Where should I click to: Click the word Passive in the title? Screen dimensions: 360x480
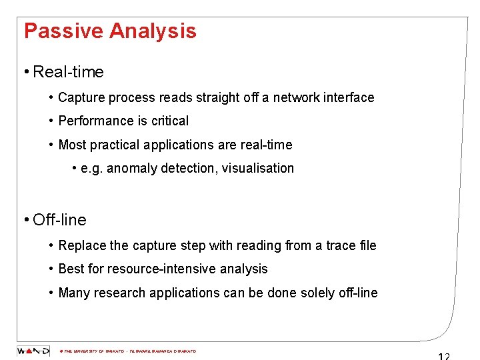pyautogui.click(x=63, y=31)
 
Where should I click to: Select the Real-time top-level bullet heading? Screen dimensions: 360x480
pyautogui.click(x=68, y=71)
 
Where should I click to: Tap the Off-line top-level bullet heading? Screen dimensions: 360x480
pyautogui.click(x=59, y=219)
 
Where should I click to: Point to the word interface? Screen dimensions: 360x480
pyautogui.click(x=349, y=97)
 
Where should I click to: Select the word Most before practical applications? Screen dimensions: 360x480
pyautogui.click(x=72, y=145)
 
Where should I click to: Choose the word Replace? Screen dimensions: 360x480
pyautogui.click(x=82, y=245)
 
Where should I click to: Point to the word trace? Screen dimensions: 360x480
pyautogui.click(x=340, y=245)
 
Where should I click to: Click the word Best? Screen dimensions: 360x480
pyautogui.click(x=71, y=269)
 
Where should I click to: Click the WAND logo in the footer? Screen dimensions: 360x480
pyautogui.click(x=33, y=351)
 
